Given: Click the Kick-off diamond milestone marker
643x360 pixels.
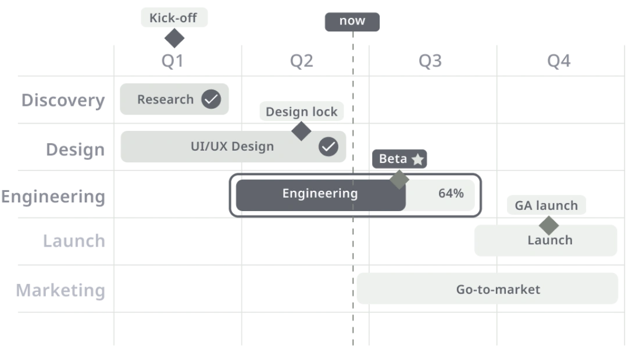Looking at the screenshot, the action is point(174,38).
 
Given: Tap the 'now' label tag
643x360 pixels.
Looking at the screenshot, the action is point(352,22).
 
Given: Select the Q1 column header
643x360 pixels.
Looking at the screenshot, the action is point(172,61).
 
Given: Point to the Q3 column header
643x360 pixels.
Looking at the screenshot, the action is point(430,61).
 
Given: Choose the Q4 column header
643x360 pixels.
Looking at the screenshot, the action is point(559,61).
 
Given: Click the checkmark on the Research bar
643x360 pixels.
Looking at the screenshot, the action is point(211,99).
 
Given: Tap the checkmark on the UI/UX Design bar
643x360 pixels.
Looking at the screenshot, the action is point(328,147).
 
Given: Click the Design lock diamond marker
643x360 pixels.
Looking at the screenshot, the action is point(301,131).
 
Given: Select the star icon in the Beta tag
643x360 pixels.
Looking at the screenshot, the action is point(417,159).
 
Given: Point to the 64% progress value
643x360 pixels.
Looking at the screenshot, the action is point(451,193).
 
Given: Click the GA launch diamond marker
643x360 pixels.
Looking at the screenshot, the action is point(549,225).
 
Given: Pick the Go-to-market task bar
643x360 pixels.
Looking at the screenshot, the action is point(487,288).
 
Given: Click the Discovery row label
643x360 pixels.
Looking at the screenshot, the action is point(63,101).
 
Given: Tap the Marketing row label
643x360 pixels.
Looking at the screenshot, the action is point(60,290).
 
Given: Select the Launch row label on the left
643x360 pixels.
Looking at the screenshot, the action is point(74,241).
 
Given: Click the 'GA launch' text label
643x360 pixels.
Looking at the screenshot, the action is point(546,205).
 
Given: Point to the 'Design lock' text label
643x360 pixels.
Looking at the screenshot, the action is point(301,112).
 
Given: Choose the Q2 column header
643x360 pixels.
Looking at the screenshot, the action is point(301,61).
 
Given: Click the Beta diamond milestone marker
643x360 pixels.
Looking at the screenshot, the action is point(399,179).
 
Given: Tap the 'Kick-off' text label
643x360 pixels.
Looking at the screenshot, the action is point(173,17).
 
